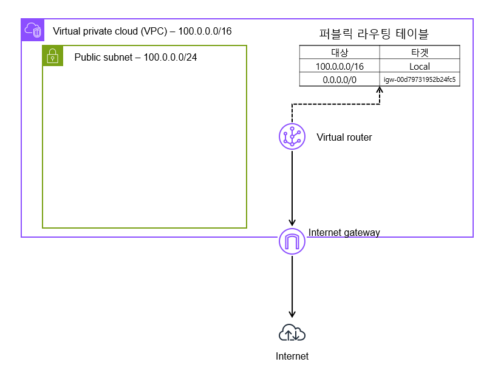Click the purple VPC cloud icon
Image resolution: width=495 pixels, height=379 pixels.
point(32,30)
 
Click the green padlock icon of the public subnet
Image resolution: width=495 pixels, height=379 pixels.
point(53,56)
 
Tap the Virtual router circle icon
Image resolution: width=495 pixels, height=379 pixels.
point(292,136)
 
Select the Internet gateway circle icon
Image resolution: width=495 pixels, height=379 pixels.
point(292,242)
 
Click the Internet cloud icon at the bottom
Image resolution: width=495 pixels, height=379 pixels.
point(292,333)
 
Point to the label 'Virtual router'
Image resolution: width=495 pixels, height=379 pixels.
point(344,138)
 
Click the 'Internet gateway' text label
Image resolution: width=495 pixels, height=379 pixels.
point(344,232)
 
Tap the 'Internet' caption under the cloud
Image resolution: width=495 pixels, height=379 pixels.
point(292,357)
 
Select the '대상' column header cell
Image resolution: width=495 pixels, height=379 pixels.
point(340,53)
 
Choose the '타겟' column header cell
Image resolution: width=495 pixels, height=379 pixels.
point(420,53)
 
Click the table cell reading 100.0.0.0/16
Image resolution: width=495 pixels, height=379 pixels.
point(340,66)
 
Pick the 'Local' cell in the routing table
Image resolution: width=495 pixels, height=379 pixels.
point(420,66)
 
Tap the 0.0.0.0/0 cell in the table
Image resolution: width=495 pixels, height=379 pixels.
point(340,79)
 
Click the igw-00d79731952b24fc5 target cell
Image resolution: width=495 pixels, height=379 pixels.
point(420,79)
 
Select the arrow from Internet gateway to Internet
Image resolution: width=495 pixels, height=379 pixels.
point(292,285)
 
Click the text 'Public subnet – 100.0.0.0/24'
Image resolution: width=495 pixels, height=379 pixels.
point(135,58)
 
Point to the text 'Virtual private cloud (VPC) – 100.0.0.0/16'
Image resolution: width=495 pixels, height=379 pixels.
point(142,30)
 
